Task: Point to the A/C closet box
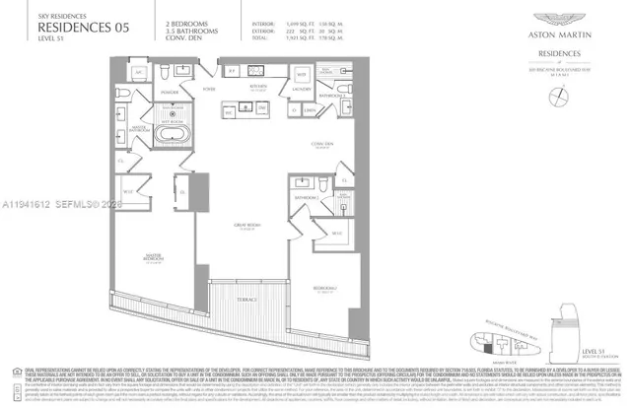138,74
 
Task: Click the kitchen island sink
242,112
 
